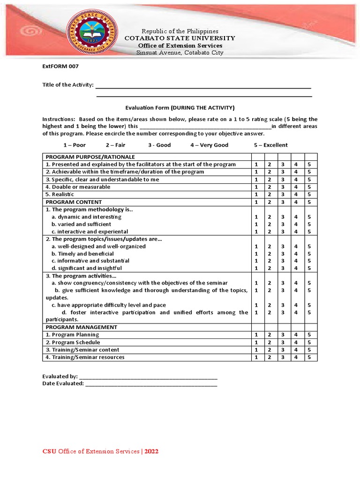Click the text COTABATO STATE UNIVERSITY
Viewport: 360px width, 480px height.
pos(180,38)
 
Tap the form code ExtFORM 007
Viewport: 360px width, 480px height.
pos(60,67)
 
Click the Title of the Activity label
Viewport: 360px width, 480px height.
pos(68,85)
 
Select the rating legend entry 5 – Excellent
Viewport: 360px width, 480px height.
pos(271,145)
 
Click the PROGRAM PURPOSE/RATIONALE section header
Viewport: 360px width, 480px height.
pos(90,157)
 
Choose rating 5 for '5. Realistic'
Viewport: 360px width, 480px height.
pos(309,194)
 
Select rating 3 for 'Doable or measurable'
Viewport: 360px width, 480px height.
pos(283,187)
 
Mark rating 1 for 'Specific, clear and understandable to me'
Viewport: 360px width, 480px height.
pos(256,179)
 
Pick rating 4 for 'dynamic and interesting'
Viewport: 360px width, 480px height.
pos(296,217)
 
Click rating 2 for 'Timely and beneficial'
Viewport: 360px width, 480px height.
pos(270,254)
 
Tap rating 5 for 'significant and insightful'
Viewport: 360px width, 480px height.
pos(309,268)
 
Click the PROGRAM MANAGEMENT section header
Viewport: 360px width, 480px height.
pos(82,327)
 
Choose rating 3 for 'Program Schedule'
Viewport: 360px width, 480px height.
pos(283,342)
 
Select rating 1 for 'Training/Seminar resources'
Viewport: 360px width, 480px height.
pos(256,357)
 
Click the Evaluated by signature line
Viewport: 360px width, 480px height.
pos(148,377)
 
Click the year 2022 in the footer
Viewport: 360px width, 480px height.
pos(151,451)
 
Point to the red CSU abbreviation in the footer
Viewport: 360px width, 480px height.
pos(49,451)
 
